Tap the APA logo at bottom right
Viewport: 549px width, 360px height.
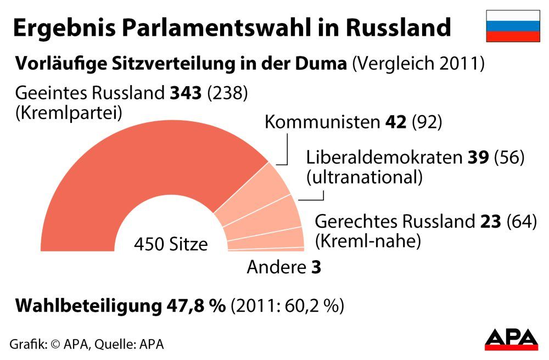point(511,339)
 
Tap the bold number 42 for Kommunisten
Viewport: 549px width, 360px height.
point(395,122)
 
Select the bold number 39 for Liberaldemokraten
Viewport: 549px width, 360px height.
point(478,157)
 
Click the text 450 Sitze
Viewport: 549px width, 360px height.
point(171,244)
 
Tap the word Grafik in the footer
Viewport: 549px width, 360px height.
point(26,344)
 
